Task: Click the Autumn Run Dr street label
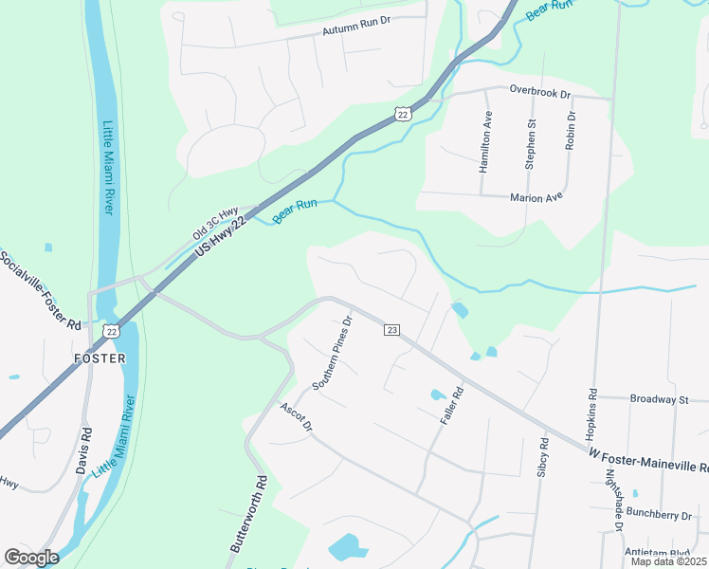(356, 30)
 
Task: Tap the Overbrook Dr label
(539, 93)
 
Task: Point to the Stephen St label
(531, 143)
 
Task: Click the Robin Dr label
(571, 131)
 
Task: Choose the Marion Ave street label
(536, 197)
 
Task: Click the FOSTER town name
(100, 358)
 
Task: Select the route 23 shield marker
(391, 329)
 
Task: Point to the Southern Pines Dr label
(333, 353)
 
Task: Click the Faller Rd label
(451, 406)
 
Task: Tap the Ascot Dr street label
(296, 416)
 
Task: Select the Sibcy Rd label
(543, 457)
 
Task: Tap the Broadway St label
(659, 400)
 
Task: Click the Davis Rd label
(84, 451)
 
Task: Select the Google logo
(31, 558)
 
